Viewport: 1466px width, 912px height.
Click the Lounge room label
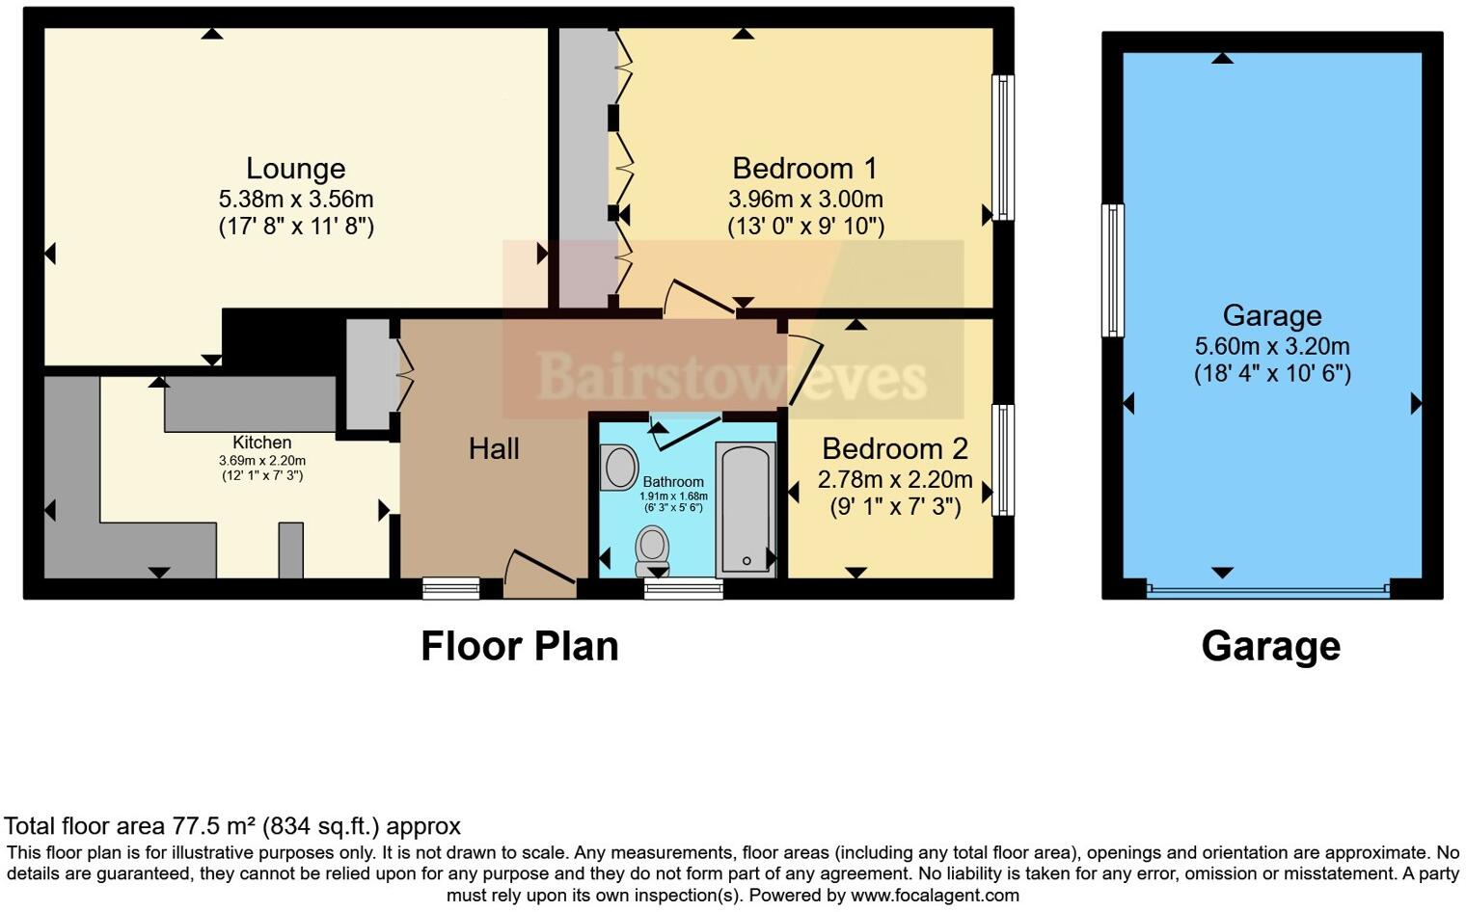coord(295,169)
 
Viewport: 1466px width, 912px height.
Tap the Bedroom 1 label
coord(804,169)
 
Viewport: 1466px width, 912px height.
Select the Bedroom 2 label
coord(894,449)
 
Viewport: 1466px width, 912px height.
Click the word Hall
coord(494,448)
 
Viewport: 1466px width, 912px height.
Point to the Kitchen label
coord(261,443)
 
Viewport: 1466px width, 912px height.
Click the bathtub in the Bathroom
coord(746,509)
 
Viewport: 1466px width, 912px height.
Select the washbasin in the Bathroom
coord(617,468)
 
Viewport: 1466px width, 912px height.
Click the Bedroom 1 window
coord(1003,148)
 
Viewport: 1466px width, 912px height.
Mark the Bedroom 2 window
coord(1003,459)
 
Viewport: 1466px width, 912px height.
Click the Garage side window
coord(1113,270)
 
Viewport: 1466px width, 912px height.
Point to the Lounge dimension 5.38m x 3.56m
coord(295,200)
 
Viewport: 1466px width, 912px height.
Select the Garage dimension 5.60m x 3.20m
coord(1271,346)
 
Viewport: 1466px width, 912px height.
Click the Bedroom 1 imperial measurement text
coord(805,227)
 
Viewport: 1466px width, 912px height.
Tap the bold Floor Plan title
coord(519,646)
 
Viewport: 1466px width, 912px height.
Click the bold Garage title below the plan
coord(1270,646)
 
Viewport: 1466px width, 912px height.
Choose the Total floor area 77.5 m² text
coord(231,826)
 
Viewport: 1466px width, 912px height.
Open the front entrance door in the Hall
coord(540,574)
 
